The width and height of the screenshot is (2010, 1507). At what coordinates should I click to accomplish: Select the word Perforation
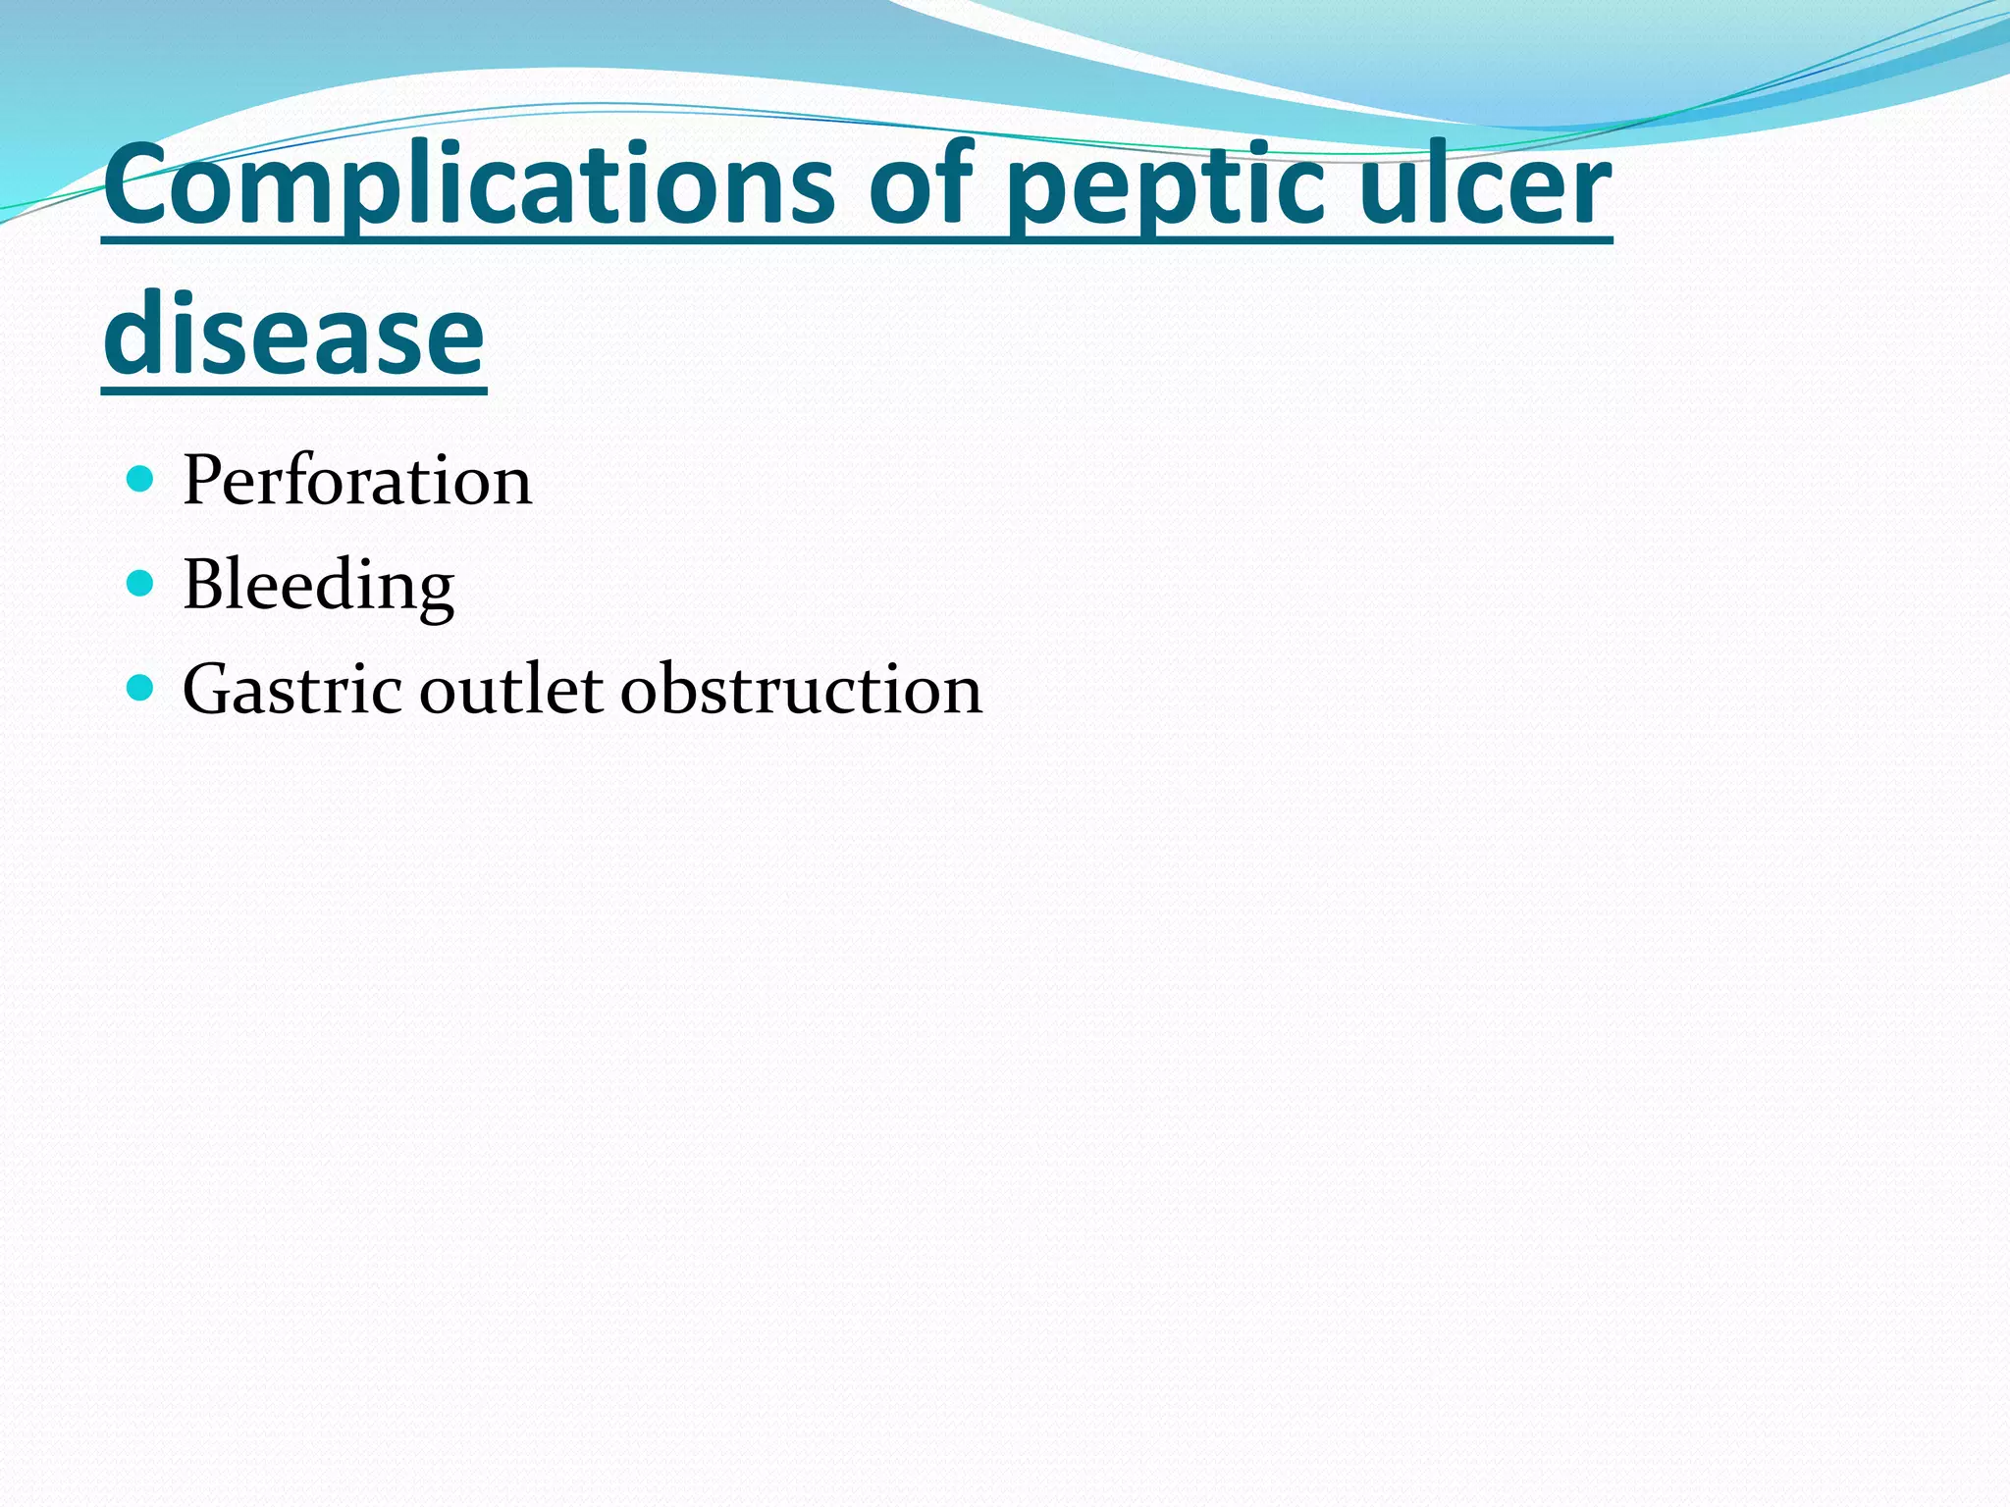pos(357,481)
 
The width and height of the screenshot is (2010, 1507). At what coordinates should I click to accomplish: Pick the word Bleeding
pos(318,586)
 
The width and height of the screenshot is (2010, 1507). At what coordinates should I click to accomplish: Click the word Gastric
pos(291,689)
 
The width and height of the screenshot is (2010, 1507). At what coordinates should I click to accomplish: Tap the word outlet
pos(511,689)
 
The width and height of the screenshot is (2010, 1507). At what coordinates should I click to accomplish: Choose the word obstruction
pos(801,689)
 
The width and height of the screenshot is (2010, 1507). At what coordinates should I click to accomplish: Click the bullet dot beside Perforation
pos(141,480)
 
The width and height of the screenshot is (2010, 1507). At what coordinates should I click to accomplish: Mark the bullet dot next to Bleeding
pos(141,584)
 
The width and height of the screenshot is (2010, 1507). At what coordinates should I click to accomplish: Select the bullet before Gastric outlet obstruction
pos(141,688)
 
